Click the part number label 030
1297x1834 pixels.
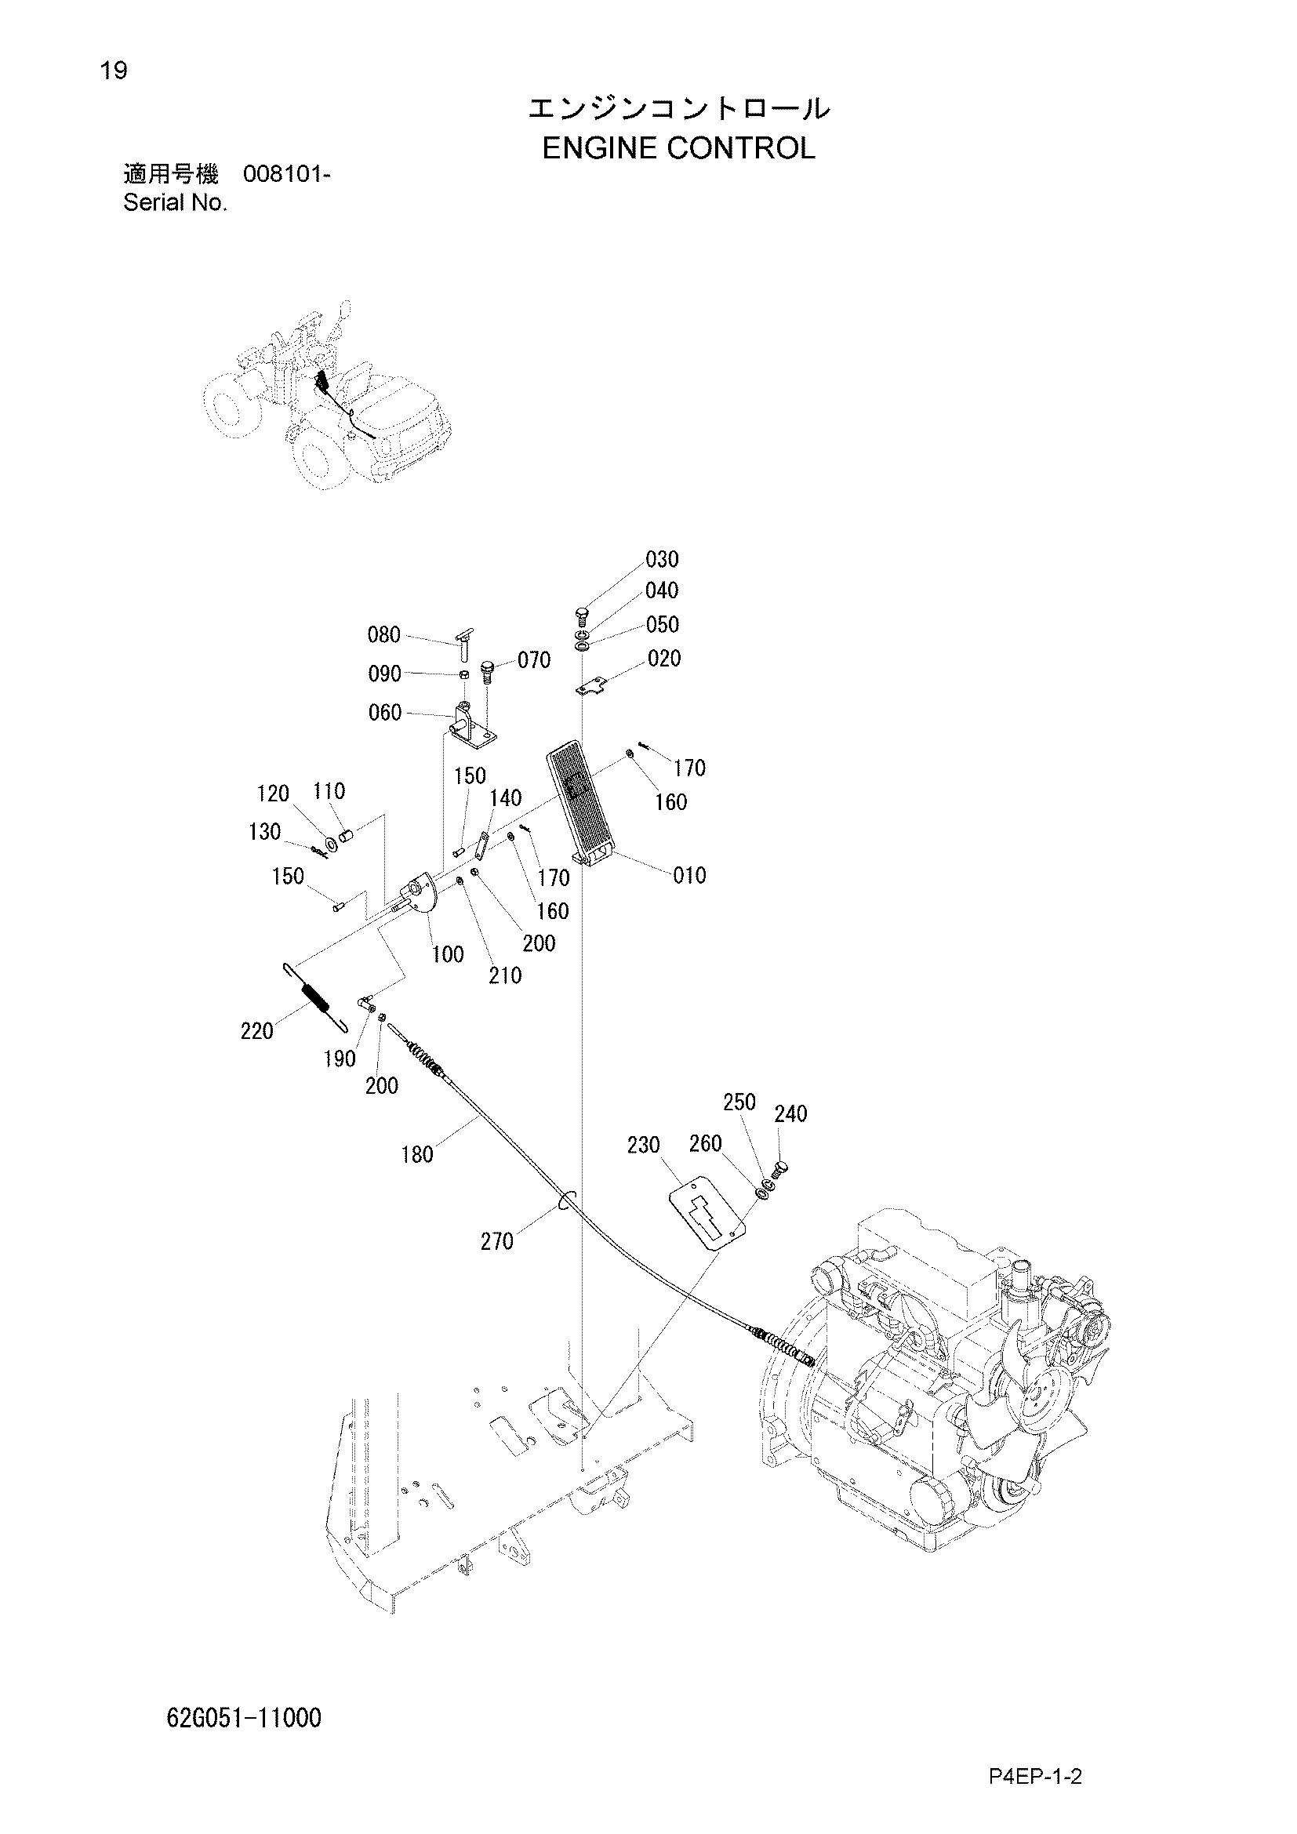coord(662,559)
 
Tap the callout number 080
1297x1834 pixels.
coord(383,635)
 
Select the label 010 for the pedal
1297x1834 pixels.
coord(689,876)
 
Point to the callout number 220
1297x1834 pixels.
coord(257,1031)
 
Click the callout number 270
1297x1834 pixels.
coord(496,1241)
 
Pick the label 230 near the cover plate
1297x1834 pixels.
coord(644,1146)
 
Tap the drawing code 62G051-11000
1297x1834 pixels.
coord(245,1717)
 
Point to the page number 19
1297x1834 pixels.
coord(114,71)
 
